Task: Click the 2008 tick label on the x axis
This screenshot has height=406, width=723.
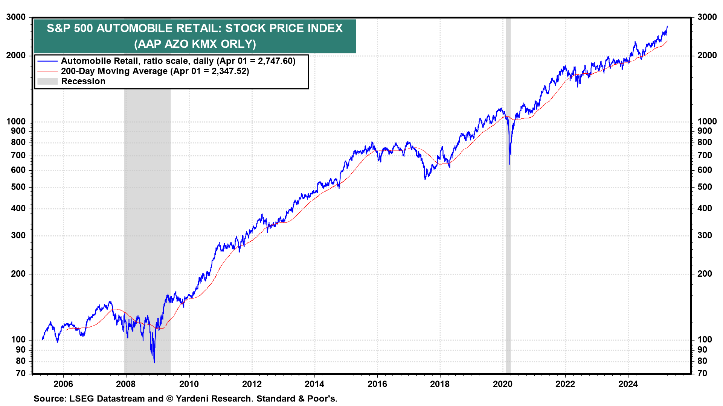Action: pos(126,384)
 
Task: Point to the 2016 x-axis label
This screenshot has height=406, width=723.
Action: pos(377,384)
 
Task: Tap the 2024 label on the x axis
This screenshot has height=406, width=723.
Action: pos(628,384)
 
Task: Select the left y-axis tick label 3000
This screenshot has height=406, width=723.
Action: pos(16,17)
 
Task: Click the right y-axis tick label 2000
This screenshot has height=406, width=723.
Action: pos(707,56)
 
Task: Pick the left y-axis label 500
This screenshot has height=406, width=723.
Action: pos(18,187)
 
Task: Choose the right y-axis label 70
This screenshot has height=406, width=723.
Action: pos(702,373)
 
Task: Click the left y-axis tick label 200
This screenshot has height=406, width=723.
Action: pos(18,274)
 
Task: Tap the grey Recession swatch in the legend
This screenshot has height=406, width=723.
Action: pos(47,81)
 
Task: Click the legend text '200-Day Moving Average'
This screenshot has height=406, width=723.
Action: pos(114,71)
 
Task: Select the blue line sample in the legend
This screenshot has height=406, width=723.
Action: pos(47,61)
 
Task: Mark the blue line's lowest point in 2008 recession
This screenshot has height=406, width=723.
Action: pos(154,362)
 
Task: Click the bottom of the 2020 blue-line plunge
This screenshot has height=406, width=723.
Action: pos(510,164)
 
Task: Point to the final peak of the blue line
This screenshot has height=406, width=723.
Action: pos(667,26)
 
